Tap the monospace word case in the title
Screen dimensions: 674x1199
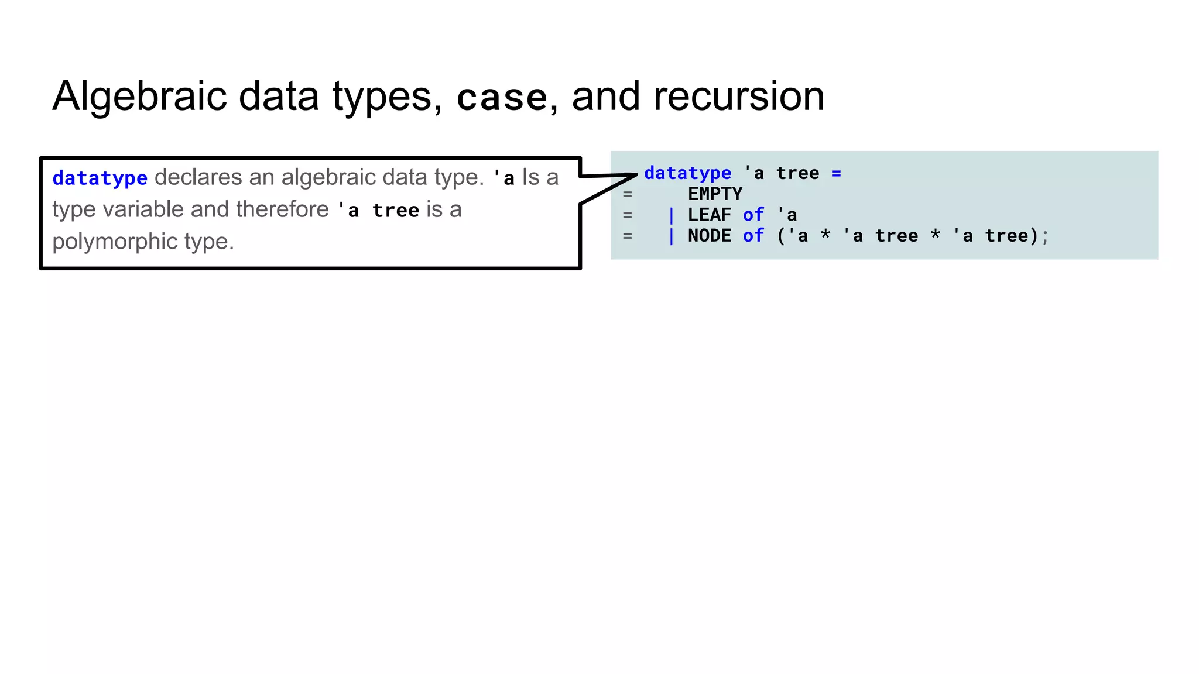click(x=502, y=98)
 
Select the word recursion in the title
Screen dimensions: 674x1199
click(x=738, y=97)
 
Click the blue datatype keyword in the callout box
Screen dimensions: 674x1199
click(x=100, y=178)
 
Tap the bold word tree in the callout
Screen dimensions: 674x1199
click(x=396, y=210)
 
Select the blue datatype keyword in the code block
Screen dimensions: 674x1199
click(x=687, y=173)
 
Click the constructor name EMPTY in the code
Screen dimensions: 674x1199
click(x=715, y=194)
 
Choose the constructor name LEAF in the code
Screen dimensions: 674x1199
click(x=710, y=215)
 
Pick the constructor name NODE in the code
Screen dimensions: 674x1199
click(x=710, y=236)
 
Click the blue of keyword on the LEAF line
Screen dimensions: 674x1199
click(x=753, y=215)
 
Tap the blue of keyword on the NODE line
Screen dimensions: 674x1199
click(x=753, y=236)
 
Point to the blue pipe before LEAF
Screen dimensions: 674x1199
click(x=672, y=215)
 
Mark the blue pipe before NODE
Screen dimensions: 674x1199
click(x=672, y=236)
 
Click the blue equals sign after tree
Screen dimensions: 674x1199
click(x=836, y=173)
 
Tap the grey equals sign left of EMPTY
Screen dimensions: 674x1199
click(x=628, y=194)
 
